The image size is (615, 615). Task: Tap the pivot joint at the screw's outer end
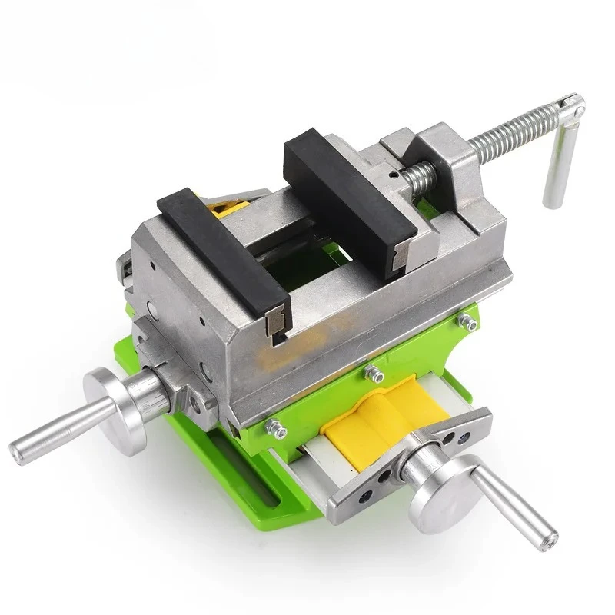tap(570, 107)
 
